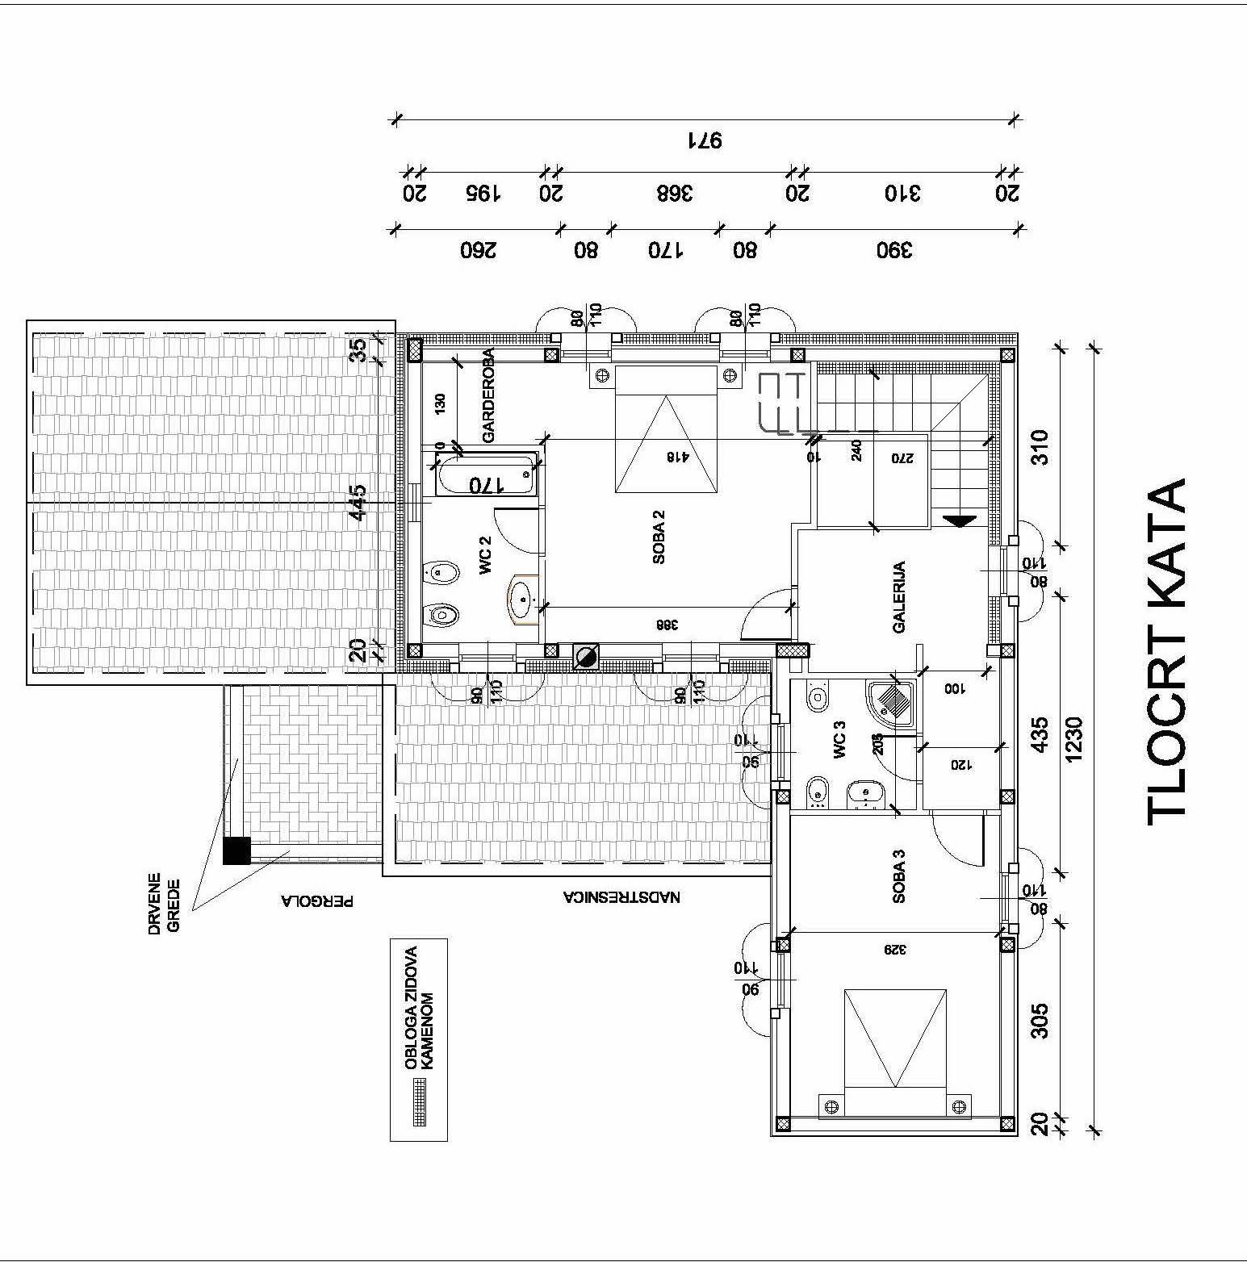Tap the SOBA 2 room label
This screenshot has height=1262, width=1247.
659,537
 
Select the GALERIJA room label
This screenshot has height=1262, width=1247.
899,596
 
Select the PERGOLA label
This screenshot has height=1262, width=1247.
317,901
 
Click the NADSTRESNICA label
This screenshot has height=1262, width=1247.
621,896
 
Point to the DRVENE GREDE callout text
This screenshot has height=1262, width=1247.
164,903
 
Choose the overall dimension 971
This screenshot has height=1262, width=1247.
704,140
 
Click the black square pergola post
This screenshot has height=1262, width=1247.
237,850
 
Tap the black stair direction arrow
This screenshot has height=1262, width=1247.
960,521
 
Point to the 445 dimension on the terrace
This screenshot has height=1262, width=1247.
358,502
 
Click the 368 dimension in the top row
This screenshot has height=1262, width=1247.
676,194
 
